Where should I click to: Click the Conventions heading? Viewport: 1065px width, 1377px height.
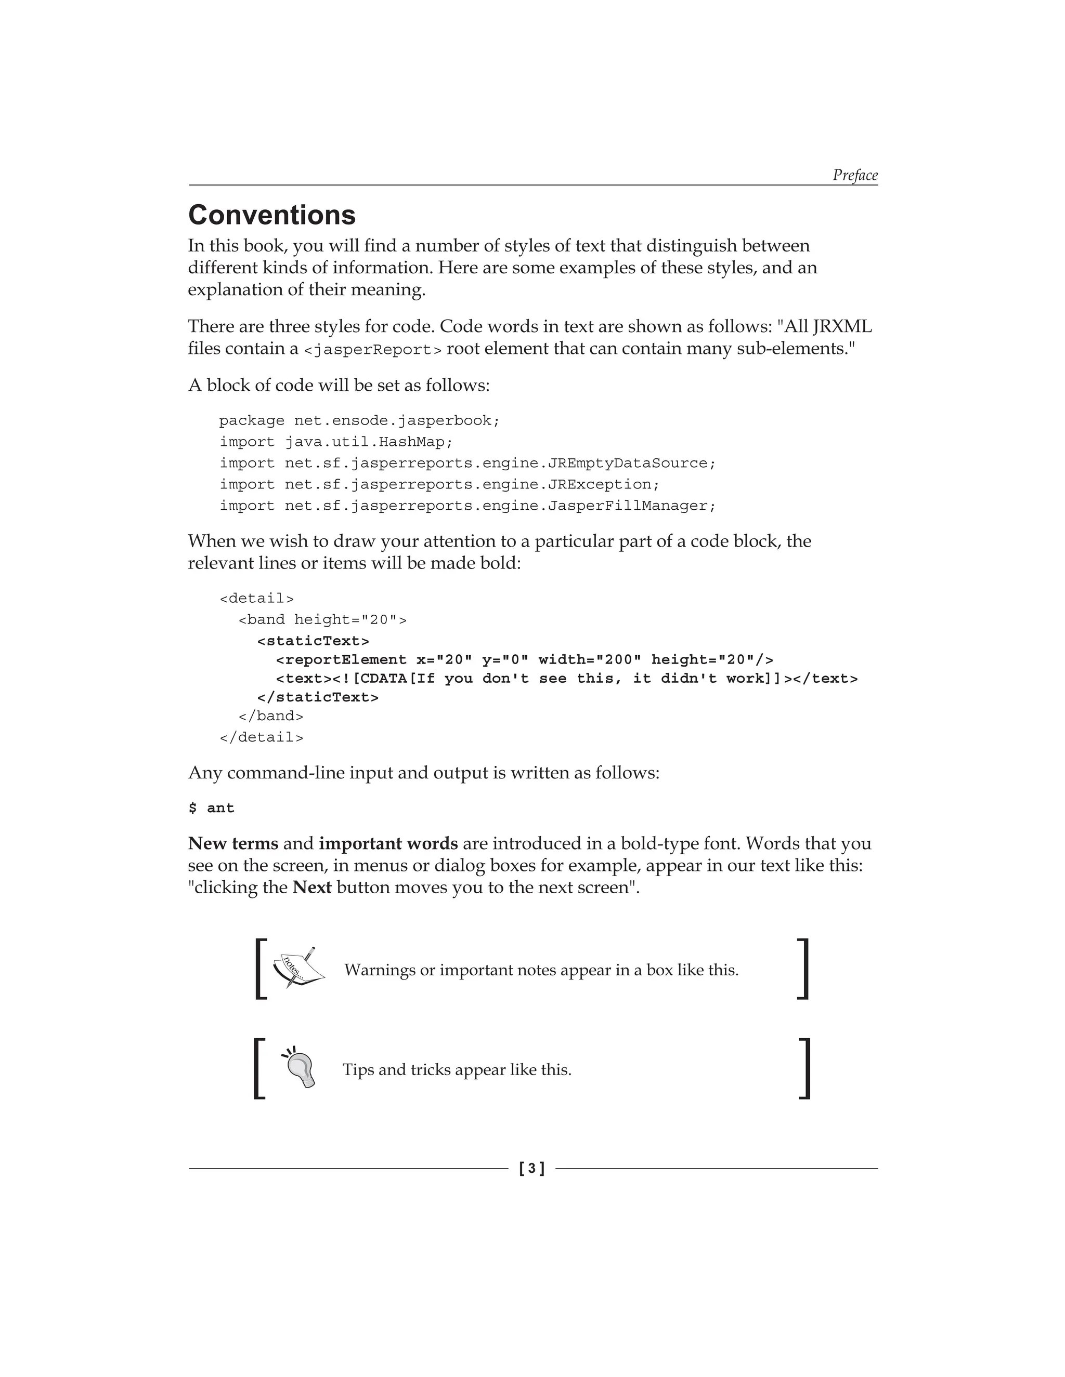[272, 215]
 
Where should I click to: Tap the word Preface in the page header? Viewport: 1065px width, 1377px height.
[854, 175]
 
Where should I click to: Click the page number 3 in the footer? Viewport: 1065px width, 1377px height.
[532, 1168]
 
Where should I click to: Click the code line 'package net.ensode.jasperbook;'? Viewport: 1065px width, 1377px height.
[359, 420]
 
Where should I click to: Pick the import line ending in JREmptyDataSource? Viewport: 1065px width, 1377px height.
[467, 464]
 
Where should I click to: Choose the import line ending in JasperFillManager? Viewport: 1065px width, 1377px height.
[467, 506]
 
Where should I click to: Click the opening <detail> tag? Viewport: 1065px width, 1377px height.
[256, 598]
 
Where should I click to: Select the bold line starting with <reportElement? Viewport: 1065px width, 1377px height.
[524, 660]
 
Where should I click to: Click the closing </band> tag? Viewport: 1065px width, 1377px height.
[270, 716]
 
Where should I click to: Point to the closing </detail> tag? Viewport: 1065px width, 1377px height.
[261, 737]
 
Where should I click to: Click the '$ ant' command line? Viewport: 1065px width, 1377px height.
[211, 809]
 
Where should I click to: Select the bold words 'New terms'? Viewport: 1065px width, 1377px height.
[233, 843]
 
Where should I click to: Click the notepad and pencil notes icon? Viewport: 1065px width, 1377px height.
[298, 968]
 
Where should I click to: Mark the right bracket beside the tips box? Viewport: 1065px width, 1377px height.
[804, 1069]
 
